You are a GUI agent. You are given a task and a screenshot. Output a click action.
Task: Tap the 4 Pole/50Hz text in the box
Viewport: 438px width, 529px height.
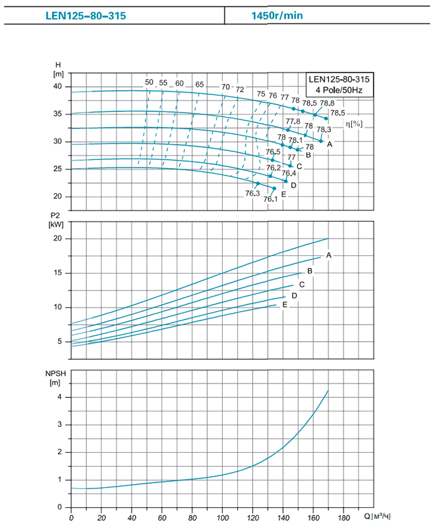pos(339,91)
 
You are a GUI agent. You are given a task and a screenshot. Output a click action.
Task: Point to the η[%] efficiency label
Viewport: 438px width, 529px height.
pos(354,124)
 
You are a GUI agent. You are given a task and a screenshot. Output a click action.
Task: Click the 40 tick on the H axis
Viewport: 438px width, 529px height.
pos(58,87)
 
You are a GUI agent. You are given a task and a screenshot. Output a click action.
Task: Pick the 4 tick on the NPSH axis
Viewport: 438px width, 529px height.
pos(60,397)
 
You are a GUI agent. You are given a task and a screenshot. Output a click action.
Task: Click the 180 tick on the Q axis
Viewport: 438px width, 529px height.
pos(344,518)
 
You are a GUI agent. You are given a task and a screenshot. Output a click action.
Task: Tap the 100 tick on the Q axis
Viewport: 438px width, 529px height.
pos(223,518)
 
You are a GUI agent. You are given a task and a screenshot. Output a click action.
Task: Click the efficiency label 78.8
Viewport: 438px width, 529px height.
pos(327,103)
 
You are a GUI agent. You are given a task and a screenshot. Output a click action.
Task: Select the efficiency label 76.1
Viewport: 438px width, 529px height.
pos(270,199)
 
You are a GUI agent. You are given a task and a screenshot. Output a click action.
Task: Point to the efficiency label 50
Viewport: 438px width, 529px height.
pos(149,82)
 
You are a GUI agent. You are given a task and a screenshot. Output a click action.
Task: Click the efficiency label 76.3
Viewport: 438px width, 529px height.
pos(252,194)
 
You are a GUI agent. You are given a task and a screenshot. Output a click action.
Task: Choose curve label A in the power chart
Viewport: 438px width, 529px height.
pos(328,255)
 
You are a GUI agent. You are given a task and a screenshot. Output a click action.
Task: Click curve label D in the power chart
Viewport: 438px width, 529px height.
pos(293,295)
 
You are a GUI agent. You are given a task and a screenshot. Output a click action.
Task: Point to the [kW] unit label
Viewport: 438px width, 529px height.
pos(56,224)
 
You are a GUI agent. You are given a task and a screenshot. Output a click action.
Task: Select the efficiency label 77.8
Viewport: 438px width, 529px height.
pos(293,121)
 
